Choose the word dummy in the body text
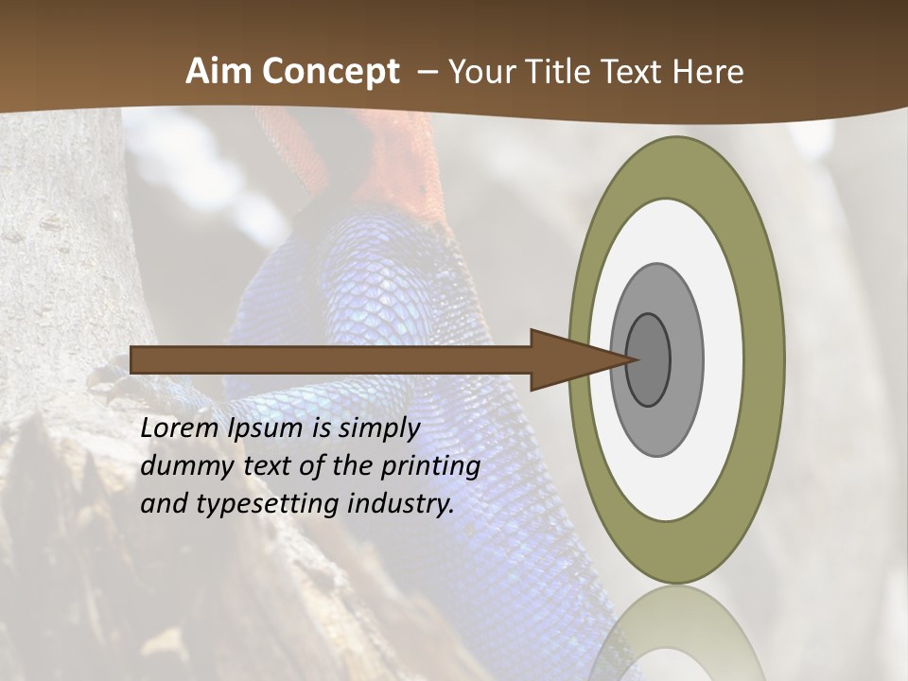point(181,466)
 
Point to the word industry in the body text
point(401,504)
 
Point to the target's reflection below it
point(676,634)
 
